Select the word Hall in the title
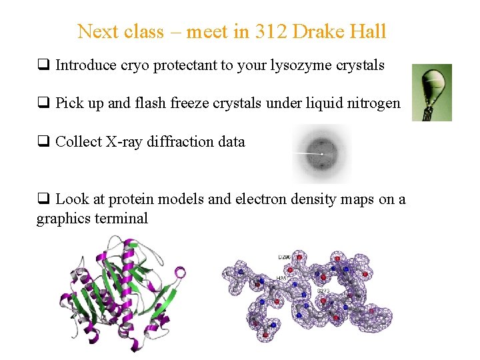pyautogui.click(x=369, y=31)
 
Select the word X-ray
pyautogui.click(x=123, y=141)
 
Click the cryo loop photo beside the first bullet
pyautogui.click(x=431, y=92)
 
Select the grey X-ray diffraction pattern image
pyautogui.click(x=321, y=153)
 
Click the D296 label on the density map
pyautogui.click(x=285, y=257)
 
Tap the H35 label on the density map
pyautogui.click(x=282, y=279)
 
